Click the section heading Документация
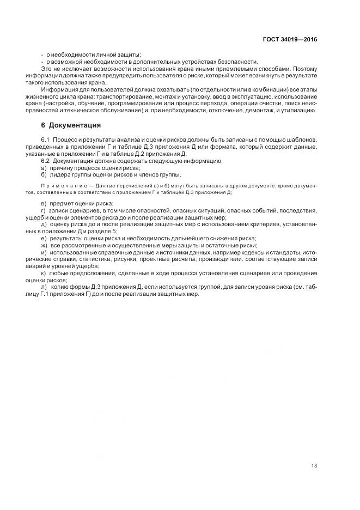coord(75,126)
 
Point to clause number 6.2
coord(45,161)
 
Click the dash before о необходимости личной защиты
coord(42,54)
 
